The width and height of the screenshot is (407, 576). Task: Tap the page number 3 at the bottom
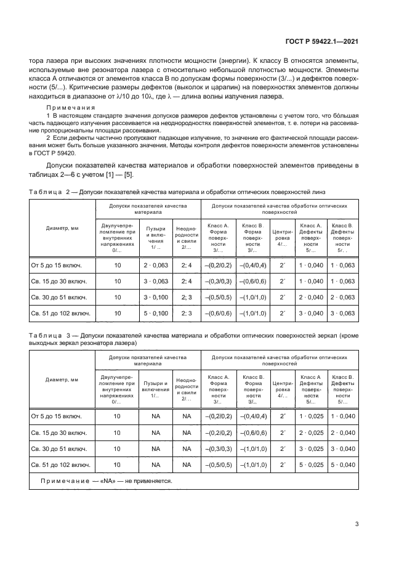[357, 524]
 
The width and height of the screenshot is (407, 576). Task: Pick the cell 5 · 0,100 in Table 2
[156, 314]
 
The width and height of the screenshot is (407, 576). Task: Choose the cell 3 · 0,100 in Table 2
[156, 297]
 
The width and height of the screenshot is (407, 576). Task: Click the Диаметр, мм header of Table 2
[62, 228]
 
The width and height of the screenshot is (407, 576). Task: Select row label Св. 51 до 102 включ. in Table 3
[60, 464]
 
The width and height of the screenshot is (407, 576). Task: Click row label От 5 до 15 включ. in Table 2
[57, 265]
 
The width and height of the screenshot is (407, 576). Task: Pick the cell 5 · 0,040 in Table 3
[343, 464]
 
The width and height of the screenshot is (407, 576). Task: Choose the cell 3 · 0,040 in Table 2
[311, 314]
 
